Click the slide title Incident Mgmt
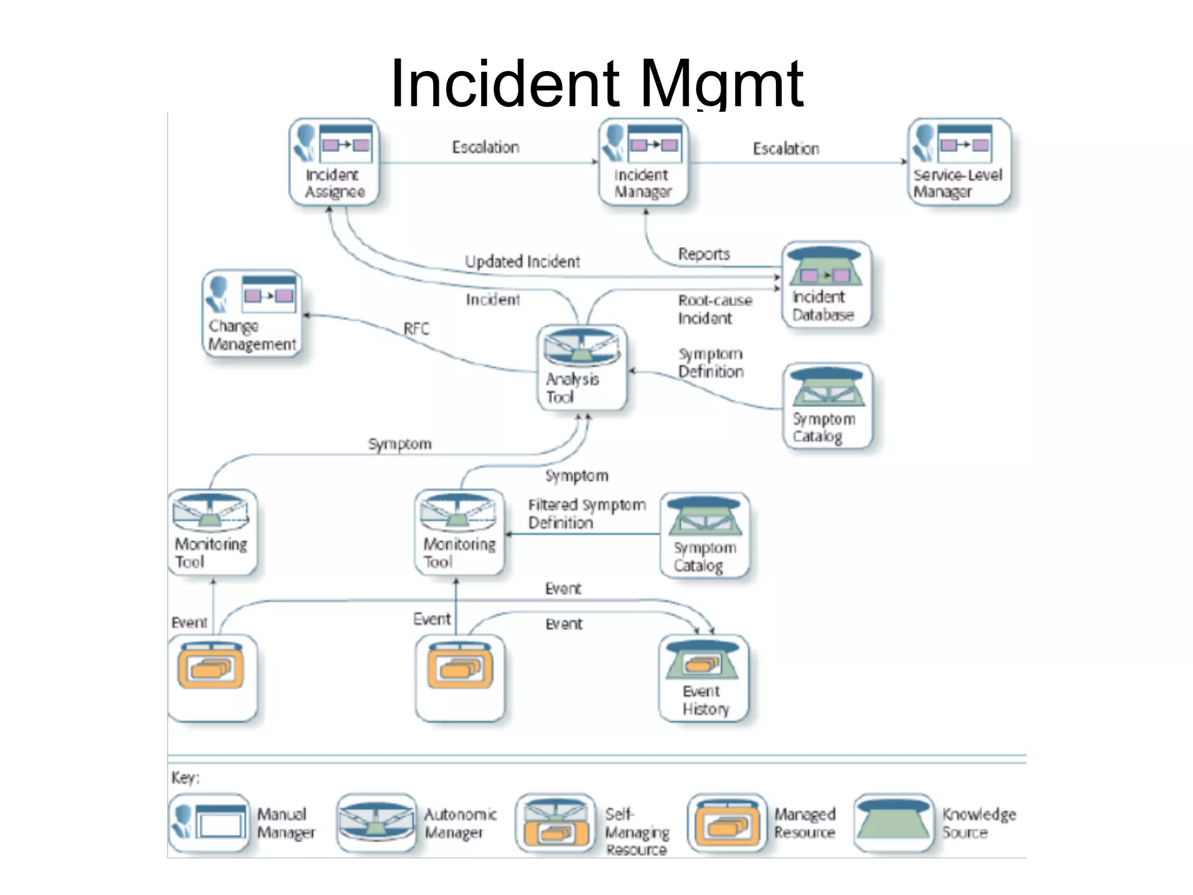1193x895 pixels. point(596,83)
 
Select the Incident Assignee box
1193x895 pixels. point(334,162)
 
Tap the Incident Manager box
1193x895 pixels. point(644,162)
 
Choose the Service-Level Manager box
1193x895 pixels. point(959,162)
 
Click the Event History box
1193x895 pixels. point(704,678)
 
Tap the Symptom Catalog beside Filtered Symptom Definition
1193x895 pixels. point(705,535)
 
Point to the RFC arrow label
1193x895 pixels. point(416,329)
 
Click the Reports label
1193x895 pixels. point(704,254)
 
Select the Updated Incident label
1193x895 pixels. point(522,262)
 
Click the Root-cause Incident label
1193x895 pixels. point(714,309)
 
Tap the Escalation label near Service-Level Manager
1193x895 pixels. point(786,149)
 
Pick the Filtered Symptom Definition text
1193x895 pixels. point(586,513)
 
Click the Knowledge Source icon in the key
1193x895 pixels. point(894,823)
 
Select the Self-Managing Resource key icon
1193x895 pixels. point(555,823)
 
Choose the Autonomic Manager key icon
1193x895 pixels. point(376,823)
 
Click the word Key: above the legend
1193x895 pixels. point(185,778)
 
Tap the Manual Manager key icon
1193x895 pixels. point(209,823)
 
